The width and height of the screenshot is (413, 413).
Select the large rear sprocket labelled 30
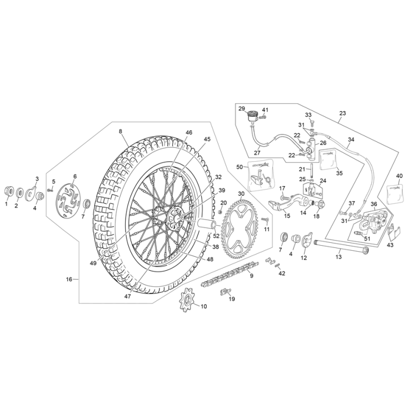(241, 222)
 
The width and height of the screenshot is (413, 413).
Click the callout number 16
(69, 279)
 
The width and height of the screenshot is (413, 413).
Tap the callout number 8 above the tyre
(120, 131)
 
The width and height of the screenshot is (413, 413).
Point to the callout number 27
(257, 153)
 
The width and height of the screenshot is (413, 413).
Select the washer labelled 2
(19, 192)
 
